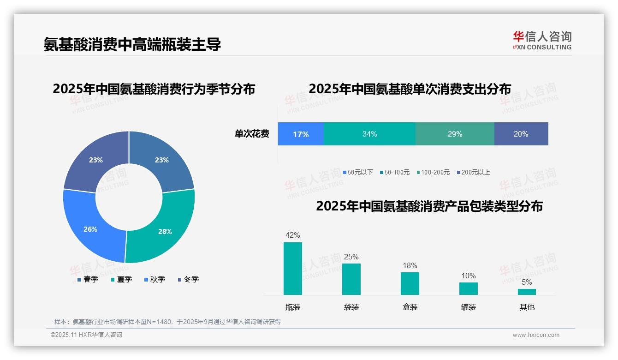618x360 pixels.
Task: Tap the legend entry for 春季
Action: (x=88, y=279)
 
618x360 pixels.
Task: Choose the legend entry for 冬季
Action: (x=188, y=279)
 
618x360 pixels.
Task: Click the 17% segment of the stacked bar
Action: (x=301, y=134)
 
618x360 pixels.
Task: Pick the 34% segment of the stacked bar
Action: (x=369, y=134)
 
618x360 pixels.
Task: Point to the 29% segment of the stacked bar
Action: (x=455, y=134)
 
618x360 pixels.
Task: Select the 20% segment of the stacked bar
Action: (x=521, y=134)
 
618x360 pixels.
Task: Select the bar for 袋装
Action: (x=351, y=279)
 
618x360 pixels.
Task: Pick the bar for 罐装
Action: (x=469, y=288)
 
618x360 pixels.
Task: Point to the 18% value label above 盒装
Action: (x=410, y=265)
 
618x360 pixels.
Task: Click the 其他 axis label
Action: (x=527, y=307)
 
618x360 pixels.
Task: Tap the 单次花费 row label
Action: (x=252, y=134)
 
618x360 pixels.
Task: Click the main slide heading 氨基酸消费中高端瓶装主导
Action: (x=132, y=44)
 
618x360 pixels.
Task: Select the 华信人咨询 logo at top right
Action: (x=542, y=40)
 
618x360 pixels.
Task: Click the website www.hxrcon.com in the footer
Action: (x=536, y=335)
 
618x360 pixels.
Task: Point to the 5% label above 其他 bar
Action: (x=527, y=282)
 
